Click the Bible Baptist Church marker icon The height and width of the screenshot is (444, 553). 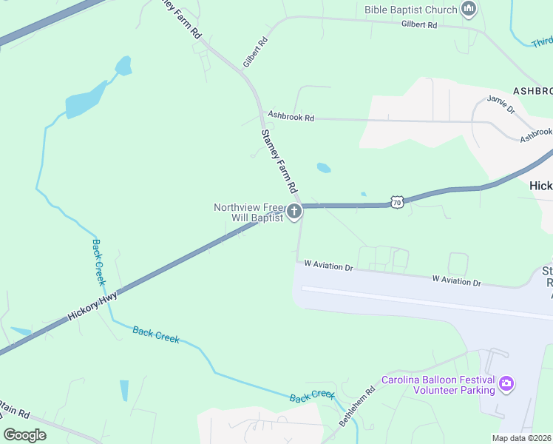click(467, 10)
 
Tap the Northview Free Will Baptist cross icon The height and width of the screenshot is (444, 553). click(294, 212)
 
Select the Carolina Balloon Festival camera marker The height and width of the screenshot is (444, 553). click(506, 383)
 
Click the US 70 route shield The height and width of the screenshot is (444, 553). click(397, 201)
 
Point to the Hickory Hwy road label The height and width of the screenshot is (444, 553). click(92, 304)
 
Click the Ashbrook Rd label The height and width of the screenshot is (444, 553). click(291, 116)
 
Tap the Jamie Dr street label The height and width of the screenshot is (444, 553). click(501, 104)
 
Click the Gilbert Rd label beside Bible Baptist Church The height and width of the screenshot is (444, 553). click(419, 24)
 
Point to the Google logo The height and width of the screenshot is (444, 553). click(24, 435)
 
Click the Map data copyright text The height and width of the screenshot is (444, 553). click(521, 438)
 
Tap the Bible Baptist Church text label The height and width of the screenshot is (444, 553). click(410, 10)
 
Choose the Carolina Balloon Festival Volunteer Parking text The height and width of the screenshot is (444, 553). click(438, 385)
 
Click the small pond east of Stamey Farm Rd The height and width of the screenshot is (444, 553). click(323, 168)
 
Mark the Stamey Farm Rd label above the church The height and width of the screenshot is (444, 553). click(279, 161)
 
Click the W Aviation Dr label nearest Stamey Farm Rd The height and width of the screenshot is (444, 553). click(329, 265)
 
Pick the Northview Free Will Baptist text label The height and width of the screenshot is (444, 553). click(248, 212)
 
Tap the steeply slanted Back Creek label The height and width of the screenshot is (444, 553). click(99, 262)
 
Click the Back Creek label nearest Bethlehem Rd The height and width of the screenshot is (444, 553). click(312, 396)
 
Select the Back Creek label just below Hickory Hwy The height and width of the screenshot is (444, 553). click(156, 334)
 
